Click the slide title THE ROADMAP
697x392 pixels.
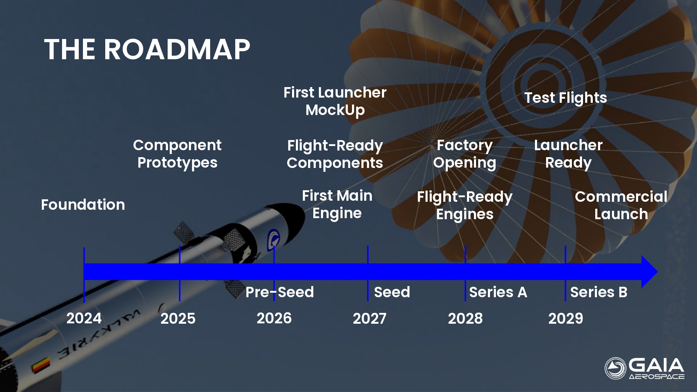(x=147, y=49)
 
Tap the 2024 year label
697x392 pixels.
(x=84, y=318)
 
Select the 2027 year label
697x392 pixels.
(x=370, y=318)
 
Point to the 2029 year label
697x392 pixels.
(x=566, y=318)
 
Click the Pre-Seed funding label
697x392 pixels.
(x=280, y=292)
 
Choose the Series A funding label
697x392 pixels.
(x=498, y=292)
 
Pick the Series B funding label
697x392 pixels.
(x=599, y=292)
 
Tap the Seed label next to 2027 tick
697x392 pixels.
(x=392, y=292)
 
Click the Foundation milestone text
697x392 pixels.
(x=83, y=205)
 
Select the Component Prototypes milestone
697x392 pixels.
(x=177, y=154)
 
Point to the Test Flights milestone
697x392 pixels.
(x=566, y=98)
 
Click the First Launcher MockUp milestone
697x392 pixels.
(x=335, y=101)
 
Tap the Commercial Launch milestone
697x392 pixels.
(x=621, y=205)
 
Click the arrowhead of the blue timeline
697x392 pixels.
(x=649, y=272)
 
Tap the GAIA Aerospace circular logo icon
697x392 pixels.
(x=615, y=368)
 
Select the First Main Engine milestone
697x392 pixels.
(x=337, y=205)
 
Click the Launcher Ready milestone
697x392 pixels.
(x=568, y=154)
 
